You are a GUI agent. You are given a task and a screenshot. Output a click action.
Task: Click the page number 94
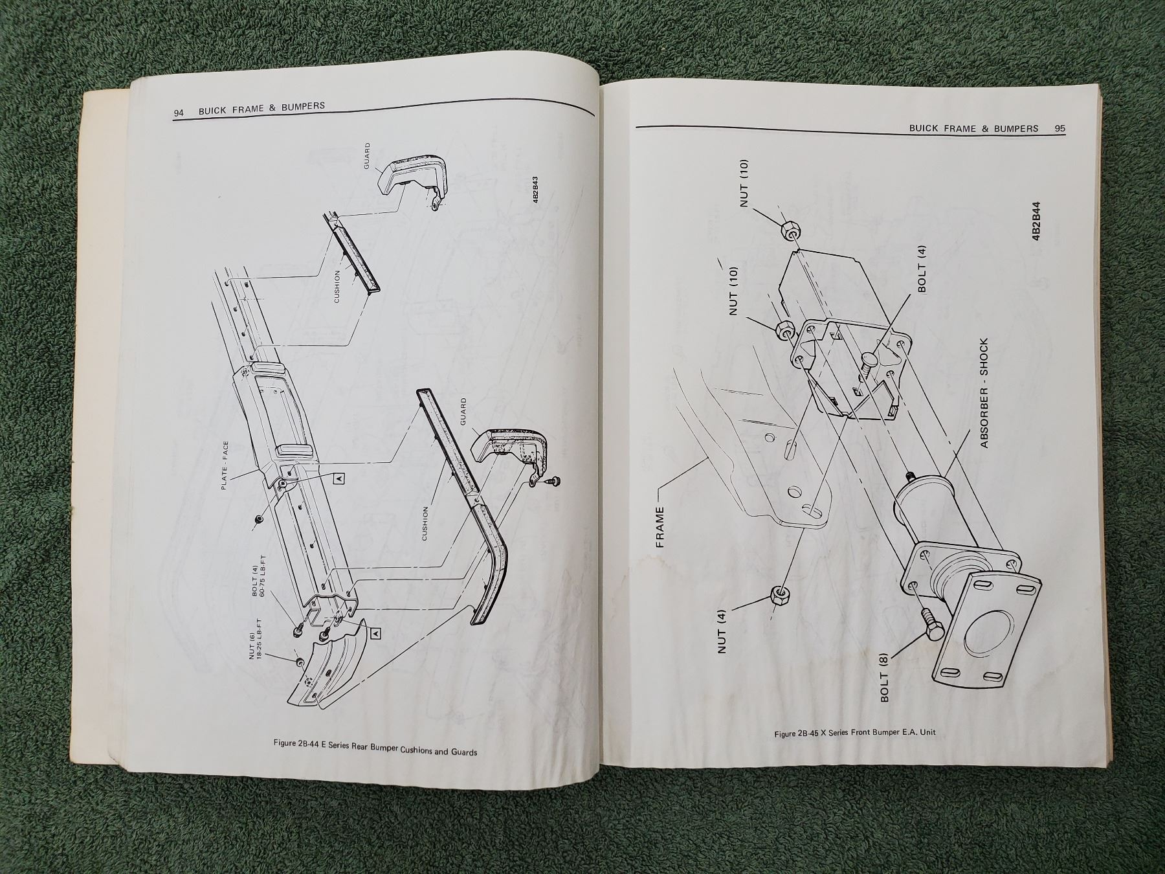(x=179, y=113)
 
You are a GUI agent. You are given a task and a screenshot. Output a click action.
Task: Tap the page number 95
(x=1060, y=129)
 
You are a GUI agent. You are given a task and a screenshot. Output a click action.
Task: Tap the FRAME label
(x=660, y=527)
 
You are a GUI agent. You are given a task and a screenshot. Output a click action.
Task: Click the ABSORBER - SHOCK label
(x=984, y=393)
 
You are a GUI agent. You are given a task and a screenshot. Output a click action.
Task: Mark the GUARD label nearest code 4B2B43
(x=367, y=156)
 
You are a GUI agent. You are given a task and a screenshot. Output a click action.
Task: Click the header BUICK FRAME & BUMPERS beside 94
(x=261, y=108)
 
